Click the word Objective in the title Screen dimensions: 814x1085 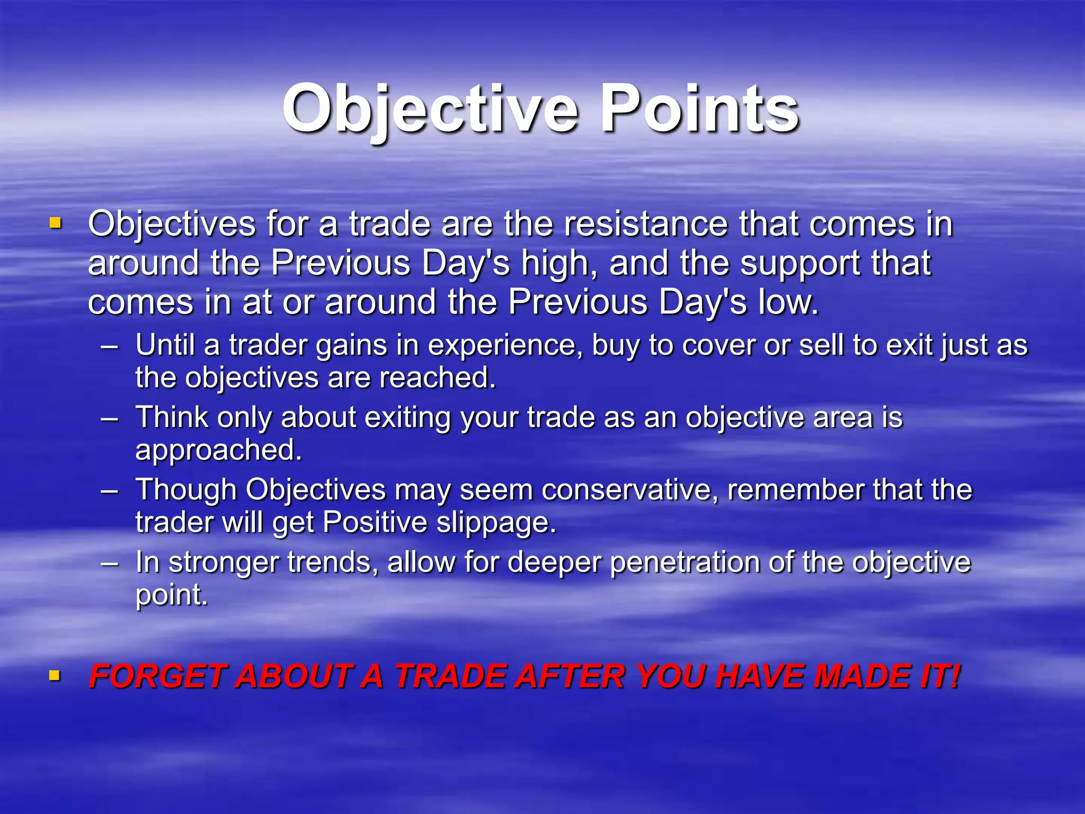click(429, 110)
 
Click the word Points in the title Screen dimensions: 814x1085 click(699, 110)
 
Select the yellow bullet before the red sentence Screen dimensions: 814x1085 click(55, 675)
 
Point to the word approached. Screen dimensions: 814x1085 click(218, 450)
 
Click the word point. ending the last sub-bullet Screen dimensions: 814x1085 click(171, 595)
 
